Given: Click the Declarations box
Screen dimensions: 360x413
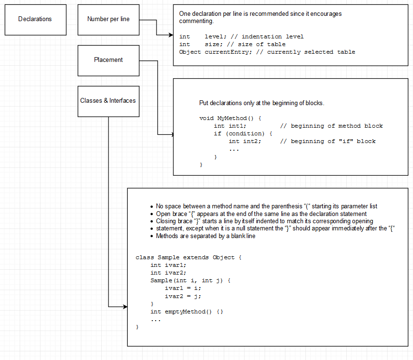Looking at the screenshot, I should pos(35,20).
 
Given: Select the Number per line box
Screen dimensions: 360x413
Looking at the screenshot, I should pos(109,20).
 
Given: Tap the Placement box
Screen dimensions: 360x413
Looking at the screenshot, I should pos(109,60).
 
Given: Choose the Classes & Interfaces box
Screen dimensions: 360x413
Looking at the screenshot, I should pos(109,101).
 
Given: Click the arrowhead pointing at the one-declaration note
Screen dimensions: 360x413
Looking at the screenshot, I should pos(170,35).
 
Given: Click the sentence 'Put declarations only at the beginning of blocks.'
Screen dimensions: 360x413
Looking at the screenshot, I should pos(262,103).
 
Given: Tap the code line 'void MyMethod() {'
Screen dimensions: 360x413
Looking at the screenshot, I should pos(230,118).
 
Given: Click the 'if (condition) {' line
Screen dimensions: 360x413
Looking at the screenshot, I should pos(243,133).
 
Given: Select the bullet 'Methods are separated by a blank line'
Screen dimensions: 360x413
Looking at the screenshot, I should pos(206,236).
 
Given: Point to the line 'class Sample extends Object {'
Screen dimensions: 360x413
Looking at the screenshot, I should pos(188,257).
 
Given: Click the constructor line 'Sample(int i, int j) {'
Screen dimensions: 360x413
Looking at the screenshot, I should pos(191,280).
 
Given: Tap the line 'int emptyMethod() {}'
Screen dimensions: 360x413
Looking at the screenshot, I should pos(187,312).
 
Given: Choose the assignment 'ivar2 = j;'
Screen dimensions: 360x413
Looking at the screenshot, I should pos(183,296).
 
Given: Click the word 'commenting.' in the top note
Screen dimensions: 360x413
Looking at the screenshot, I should pos(196,22).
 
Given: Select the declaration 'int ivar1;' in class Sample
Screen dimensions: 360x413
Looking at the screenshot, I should pos(168,265).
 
